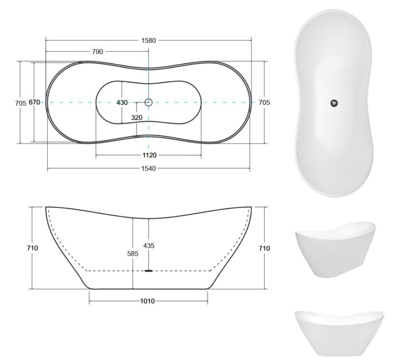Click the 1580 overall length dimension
click(149, 40)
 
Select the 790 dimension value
click(97, 52)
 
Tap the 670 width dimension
click(34, 102)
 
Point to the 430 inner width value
click(122, 102)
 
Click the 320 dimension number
click(137, 118)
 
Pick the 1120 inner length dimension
click(149, 155)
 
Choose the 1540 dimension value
click(149, 169)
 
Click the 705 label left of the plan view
click(21, 103)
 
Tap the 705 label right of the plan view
click(264, 102)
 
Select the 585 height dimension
click(133, 254)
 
